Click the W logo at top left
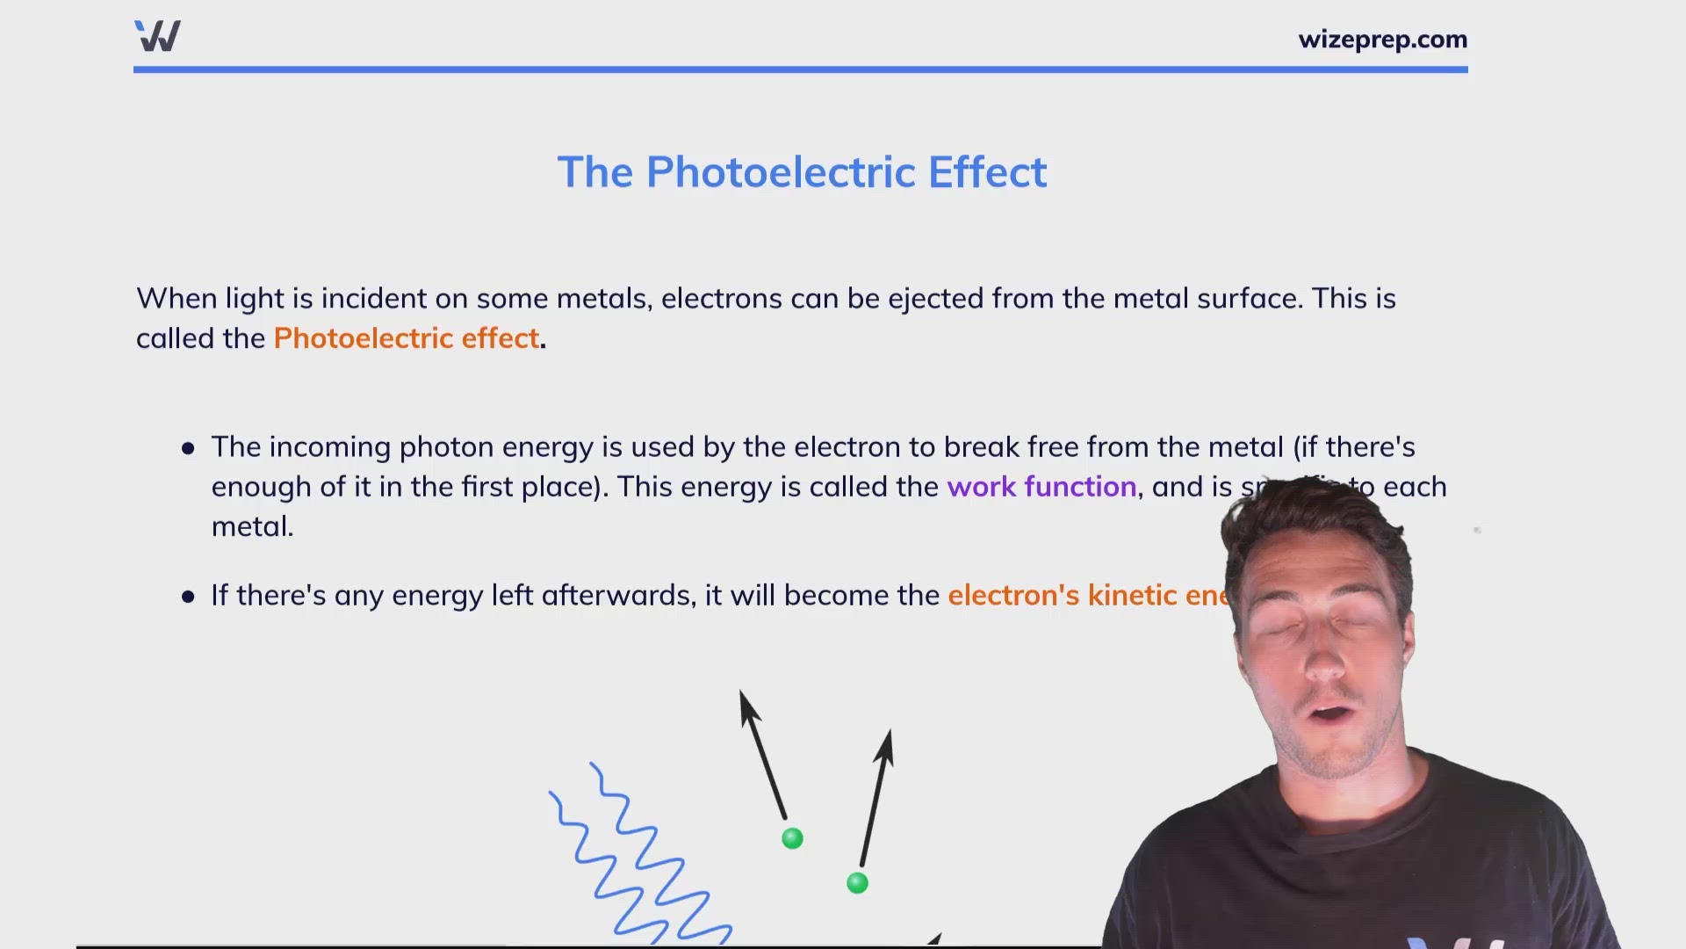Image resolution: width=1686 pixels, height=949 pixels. [x=158, y=36]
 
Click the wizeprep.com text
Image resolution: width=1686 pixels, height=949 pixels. [x=1382, y=40]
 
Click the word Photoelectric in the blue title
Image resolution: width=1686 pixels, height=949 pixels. [x=782, y=172]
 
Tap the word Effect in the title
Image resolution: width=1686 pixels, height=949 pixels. [x=987, y=172]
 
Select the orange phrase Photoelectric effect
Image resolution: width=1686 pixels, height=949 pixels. [x=406, y=338]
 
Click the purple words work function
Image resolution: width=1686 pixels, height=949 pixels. [x=1041, y=487]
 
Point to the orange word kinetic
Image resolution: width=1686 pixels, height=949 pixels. [x=1132, y=596]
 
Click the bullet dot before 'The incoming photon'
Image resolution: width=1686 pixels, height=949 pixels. [x=188, y=449]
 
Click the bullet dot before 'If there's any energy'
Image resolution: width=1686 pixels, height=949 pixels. [x=188, y=598]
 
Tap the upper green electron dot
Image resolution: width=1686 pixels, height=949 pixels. [x=792, y=838]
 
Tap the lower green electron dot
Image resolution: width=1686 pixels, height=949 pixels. [x=857, y=883]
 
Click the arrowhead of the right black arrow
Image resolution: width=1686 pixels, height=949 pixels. [x=886, y=745]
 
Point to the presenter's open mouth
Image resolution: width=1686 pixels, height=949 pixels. [x=1333, y=713]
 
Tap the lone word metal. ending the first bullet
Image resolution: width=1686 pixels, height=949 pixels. [x=252, y=527]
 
